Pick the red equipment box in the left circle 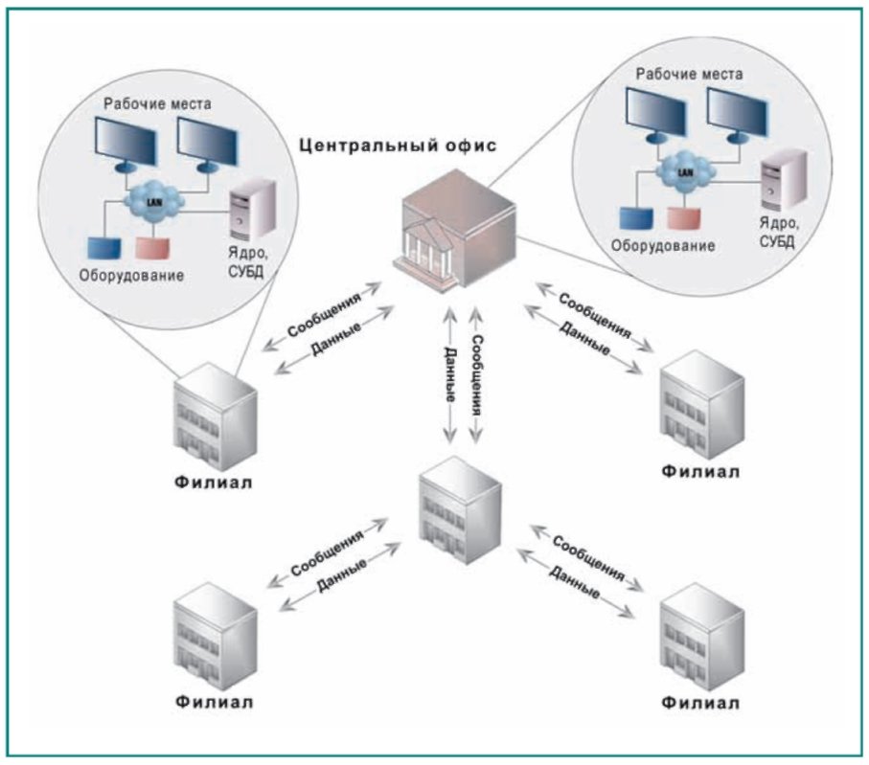[154, 247]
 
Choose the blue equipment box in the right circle [633, 219]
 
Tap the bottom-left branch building [216, 634]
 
